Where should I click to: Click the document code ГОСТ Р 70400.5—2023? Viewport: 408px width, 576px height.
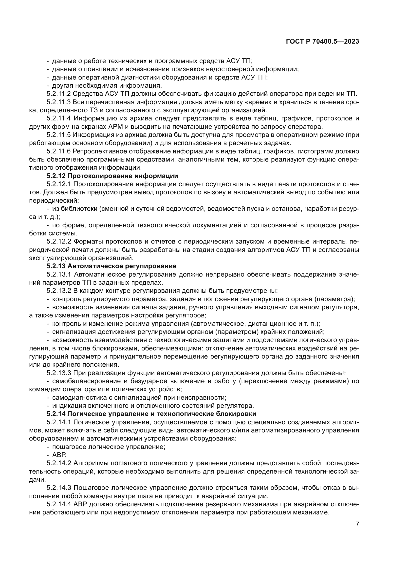point(322,42)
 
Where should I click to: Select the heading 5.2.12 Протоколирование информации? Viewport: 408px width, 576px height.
point(112,176)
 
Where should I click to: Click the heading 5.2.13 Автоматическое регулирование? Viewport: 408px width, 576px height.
point(111,266)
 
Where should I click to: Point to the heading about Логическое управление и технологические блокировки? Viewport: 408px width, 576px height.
point(151,414)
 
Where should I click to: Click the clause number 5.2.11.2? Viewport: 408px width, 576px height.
point(58,94)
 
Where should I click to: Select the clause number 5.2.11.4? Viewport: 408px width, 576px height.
point(59,118)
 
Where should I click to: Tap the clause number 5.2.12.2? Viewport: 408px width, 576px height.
point(59,242)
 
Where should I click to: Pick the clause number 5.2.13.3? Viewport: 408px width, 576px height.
point(59,373)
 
